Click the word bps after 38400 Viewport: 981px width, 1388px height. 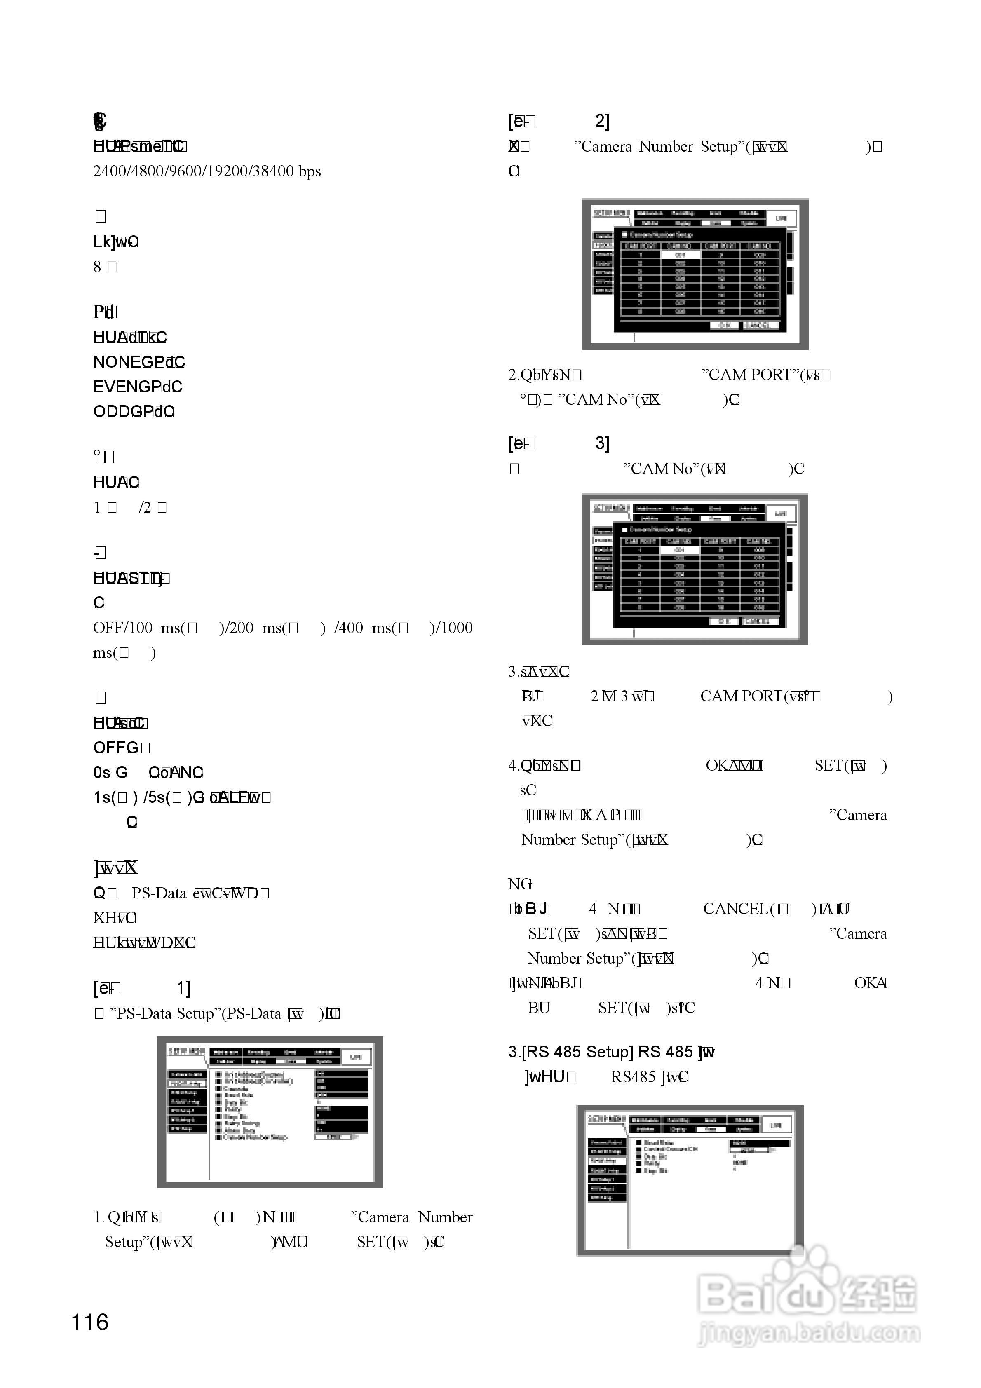[309, 172]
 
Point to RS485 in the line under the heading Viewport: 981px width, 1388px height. [633, 1077]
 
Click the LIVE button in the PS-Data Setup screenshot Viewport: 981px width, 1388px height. [356, 1056]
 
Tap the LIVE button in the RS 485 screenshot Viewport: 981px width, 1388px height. [776, 1125]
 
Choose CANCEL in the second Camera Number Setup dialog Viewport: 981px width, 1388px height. [757, 621]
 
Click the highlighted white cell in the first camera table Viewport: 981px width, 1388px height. [680, 255]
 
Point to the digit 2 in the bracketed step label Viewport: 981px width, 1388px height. [601, 122]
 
